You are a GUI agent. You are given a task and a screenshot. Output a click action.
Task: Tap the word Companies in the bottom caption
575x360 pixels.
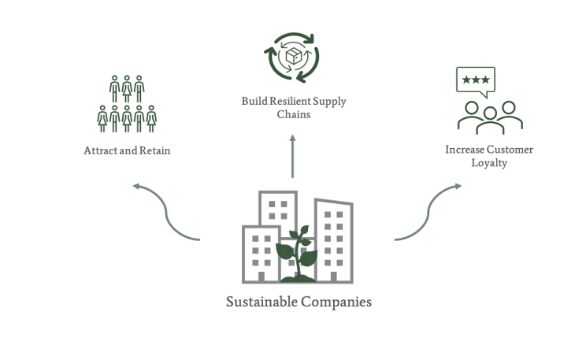coord(336,302)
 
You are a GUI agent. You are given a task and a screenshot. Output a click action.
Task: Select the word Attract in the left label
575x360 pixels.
coord(100,150)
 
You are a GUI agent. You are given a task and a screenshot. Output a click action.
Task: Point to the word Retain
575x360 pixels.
coord(155,150)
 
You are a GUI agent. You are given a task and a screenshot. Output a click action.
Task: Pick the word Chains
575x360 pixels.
coord(293,114)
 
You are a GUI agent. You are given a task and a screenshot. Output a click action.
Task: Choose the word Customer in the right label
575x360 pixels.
coord(510,150)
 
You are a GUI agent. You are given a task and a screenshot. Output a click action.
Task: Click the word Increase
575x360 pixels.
coord(465,150)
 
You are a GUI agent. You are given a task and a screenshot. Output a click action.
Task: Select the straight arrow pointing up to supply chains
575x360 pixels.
coord(292,156)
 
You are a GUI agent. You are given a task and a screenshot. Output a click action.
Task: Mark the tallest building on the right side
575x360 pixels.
coord(334,239)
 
